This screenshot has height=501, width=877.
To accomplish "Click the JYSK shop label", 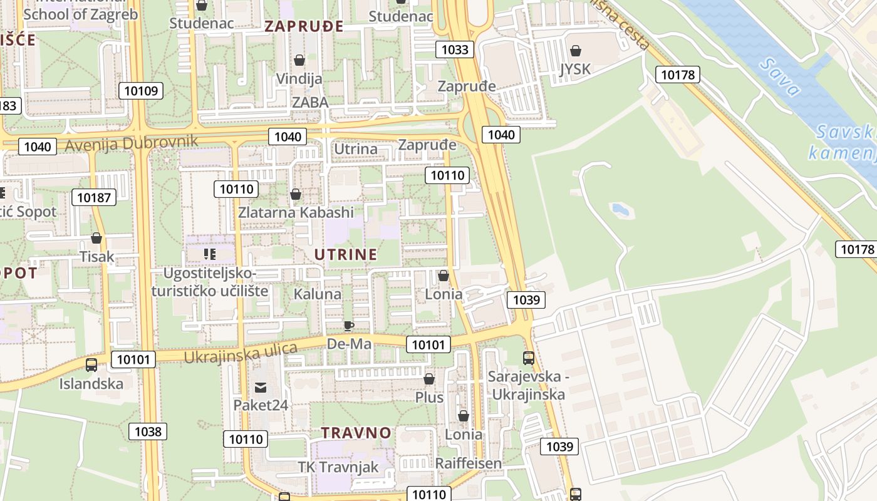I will point(575,68).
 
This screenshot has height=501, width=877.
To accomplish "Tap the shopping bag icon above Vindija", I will point(299,60).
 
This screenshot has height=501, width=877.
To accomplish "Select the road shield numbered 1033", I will point(455,49).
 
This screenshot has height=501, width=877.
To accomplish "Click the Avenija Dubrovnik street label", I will point(132,143).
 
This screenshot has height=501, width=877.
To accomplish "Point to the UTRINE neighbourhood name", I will point(346,254).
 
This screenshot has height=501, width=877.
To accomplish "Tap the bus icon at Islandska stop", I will point(91,364).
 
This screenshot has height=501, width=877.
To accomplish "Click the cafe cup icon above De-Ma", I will point(348,326).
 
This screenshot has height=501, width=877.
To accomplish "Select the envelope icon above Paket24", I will point(261,387).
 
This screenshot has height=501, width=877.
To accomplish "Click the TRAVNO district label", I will point(356,433).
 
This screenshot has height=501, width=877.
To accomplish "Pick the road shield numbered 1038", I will point(148,431).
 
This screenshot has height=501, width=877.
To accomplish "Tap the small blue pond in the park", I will point(620,209).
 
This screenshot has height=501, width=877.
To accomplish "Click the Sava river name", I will point(779,76).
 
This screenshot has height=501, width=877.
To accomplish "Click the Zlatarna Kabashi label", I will point(296,212).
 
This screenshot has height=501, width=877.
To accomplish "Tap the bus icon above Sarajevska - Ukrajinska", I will point(529,358).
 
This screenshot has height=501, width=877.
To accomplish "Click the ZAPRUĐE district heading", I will point(304,26).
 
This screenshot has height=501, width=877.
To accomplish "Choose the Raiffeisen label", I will point(469,463).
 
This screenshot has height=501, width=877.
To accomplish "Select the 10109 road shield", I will point(141,91).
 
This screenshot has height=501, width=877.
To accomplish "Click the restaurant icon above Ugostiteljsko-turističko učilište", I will point(210,254).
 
